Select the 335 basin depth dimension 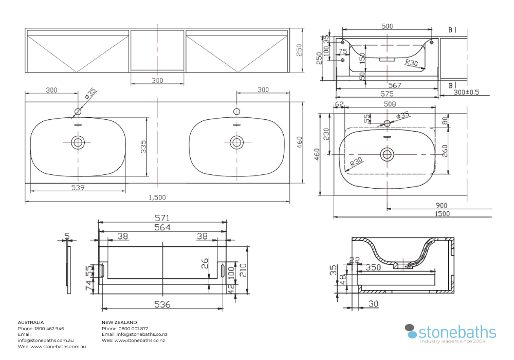(144, 147)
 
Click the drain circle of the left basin (78, 142)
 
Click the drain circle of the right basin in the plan (236, 142)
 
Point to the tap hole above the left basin (78, 111)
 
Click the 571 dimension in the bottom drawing (162, 218)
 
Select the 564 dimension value (162, 227)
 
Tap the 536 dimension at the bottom (162, 304)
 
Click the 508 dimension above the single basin (390, 104)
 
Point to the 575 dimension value (387, 94)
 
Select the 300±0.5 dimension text (466, 93)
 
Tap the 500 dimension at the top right (387, 26)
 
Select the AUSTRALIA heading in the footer (31, 322)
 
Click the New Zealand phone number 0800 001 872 (133, 328)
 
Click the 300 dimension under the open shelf (157, 80)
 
